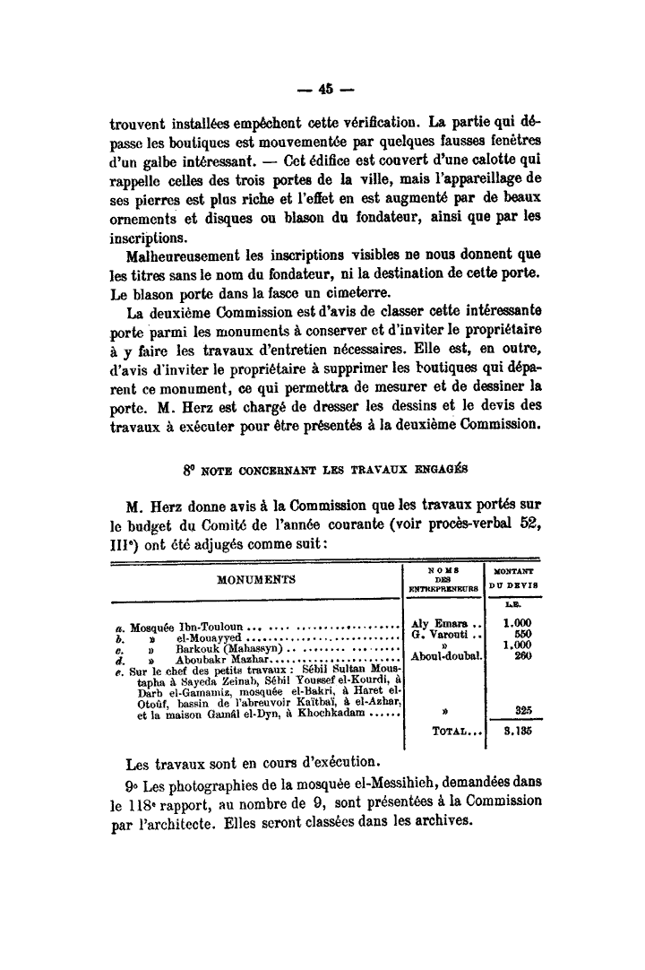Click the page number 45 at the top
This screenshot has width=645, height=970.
(x=322, y=89)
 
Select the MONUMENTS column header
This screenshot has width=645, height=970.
(x=254, y=580)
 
